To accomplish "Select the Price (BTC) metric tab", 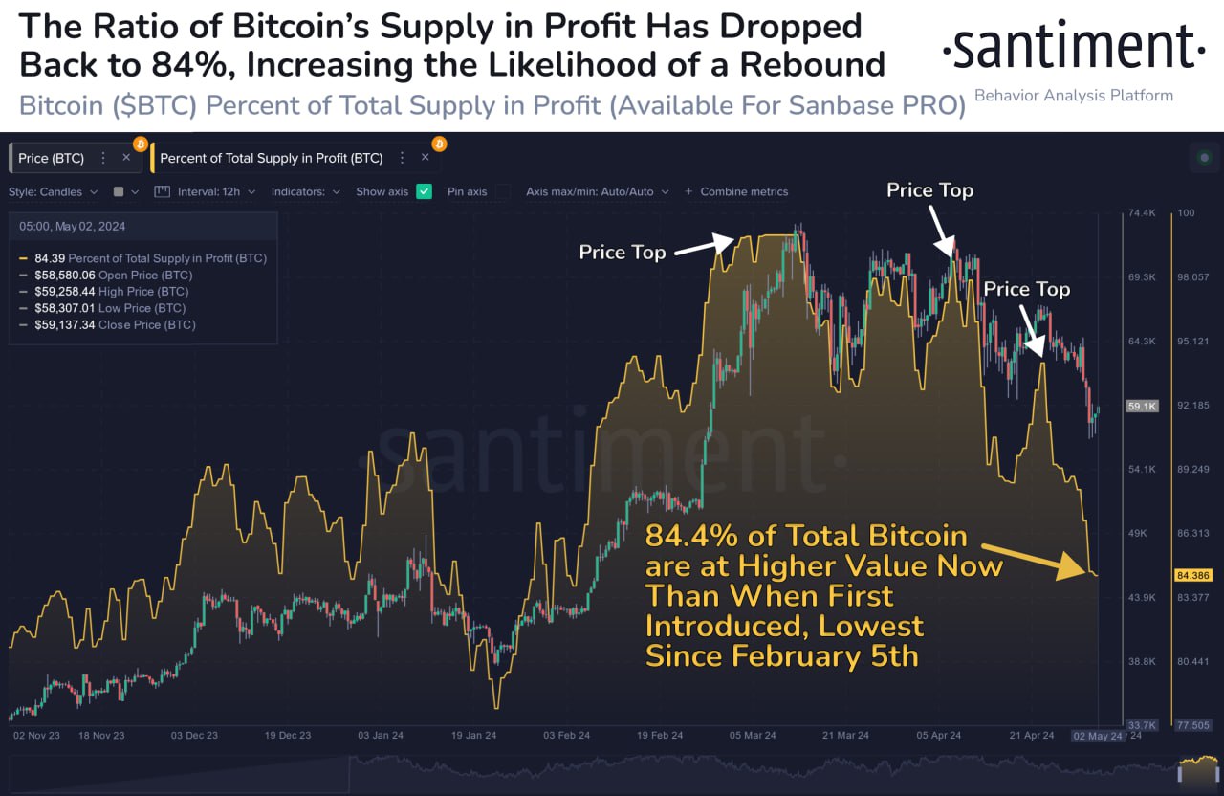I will (52, 158).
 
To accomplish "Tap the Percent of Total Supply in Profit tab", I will (271, 158).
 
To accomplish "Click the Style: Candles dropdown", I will (53, 191).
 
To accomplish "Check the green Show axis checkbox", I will (424, 191).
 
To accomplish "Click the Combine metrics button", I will (737, 191).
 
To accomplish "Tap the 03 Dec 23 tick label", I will (195, 735).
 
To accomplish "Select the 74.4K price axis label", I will (1143, 212).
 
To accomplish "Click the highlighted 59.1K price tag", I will (1142, 406).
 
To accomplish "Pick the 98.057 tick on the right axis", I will (1193, 276).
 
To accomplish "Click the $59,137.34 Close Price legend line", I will (115, 325).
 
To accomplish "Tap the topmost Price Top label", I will (929, 190).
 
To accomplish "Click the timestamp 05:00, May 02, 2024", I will (72, 227).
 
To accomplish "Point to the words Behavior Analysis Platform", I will (1073, 96).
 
